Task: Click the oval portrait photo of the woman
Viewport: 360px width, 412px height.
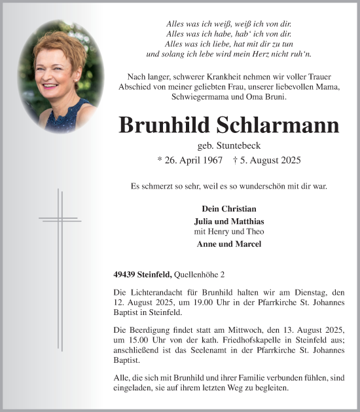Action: point(60,76)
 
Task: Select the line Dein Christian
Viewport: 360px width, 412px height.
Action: point(228,208)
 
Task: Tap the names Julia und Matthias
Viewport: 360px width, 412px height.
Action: point(228,220)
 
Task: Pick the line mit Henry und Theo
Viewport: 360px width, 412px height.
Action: point(228,231)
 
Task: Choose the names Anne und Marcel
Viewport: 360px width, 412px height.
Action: point(228,244)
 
